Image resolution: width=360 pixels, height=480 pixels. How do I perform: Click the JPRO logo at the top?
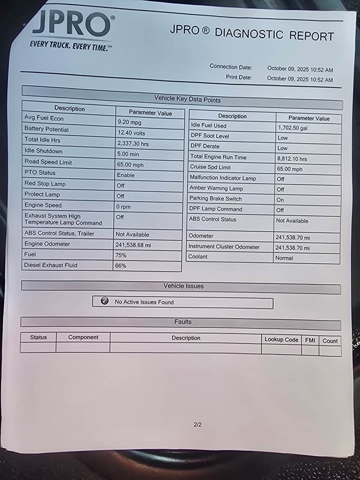click(71, 26)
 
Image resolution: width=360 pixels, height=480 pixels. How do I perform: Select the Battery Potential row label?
click(46, 129)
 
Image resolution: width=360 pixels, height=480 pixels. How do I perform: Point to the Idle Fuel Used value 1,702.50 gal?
click(292, 128)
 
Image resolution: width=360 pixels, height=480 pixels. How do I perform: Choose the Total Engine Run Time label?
click(218, 157)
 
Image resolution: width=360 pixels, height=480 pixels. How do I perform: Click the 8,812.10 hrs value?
click(292, 159)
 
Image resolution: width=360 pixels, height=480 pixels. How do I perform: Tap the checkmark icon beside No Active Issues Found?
click(105, 301)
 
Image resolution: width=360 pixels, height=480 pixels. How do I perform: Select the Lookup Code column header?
click(281, 340)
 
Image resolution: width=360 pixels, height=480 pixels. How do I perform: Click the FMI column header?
click(310, 340)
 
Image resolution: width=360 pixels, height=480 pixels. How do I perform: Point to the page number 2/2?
click(198, 424)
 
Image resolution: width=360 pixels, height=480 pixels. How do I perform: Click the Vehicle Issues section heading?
click(184, 286)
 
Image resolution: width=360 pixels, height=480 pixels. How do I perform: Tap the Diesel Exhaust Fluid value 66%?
click(121, 266)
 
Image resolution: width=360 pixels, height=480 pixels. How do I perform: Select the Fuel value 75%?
click(121, 255)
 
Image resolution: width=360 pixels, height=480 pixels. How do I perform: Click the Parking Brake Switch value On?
click(280, 200)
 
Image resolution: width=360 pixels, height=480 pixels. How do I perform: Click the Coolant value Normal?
click(284, 258)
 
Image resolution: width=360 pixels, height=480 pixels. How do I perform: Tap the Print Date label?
click(238, 77)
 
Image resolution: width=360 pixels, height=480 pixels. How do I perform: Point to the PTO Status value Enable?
click(126, 175)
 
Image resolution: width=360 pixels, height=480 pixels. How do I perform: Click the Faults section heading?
click(183, 322)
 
